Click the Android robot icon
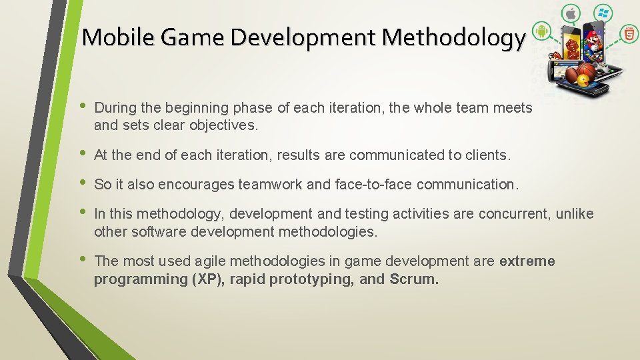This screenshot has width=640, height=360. point(541,31)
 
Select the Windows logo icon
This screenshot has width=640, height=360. point(604,13)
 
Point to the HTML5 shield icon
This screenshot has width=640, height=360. point(629,33)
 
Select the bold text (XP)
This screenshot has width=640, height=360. point(208,279)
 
